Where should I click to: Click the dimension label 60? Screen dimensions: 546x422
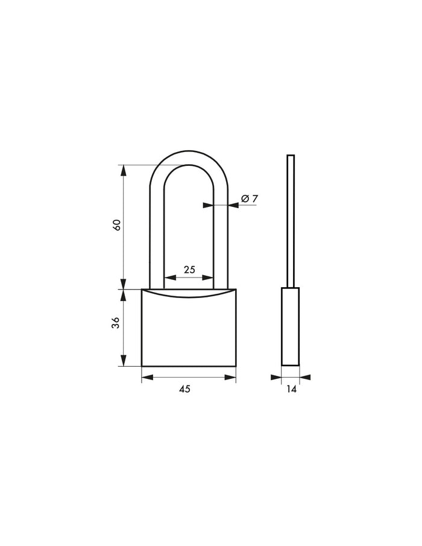(x=118, y=224)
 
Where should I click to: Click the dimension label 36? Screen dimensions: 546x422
(x=118, y=323)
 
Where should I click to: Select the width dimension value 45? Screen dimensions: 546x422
(x=184, y=389)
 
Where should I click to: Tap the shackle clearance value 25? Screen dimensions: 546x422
(x=189, y=270)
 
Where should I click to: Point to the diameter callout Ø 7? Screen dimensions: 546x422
(x=250, y=198)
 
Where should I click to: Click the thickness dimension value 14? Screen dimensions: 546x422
(x=291, y=389)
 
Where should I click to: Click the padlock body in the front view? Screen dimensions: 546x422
(x=189, y=332)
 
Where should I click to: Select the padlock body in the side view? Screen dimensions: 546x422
(x=291, y=327)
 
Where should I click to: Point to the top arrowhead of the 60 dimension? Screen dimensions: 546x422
(x=124, y=170)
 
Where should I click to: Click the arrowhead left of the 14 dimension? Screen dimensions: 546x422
(x=277, y=378)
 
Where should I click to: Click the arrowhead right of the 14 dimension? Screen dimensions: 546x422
(x=304, y=378)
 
